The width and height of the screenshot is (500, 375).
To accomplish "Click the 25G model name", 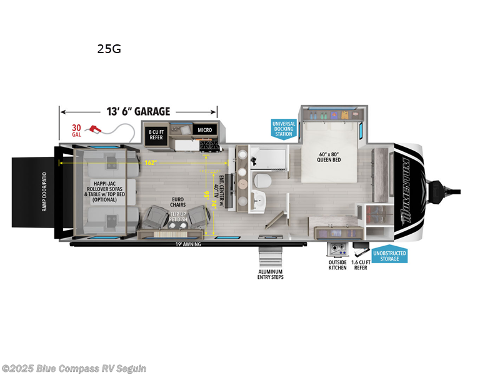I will click(x=109, y=49).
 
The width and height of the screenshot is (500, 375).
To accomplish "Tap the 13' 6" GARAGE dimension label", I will click(x=138, y=112).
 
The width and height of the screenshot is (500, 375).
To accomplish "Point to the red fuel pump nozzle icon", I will click(x=96, y=129).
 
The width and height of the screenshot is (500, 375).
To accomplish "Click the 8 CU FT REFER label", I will click(x=155, y=134).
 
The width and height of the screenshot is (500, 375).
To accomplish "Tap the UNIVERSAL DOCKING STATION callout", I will click(x=282, y=128).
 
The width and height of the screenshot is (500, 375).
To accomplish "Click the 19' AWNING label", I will click(x=188, y=244).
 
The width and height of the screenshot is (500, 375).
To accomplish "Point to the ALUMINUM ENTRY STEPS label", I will click(x=271, y=275).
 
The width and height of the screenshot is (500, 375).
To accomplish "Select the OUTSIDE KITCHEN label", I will click(x=337, y=266).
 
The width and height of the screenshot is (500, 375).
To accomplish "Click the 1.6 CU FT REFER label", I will click(x=360, y=266).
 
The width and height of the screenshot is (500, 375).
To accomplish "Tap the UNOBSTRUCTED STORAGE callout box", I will click(x=389, y=256).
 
